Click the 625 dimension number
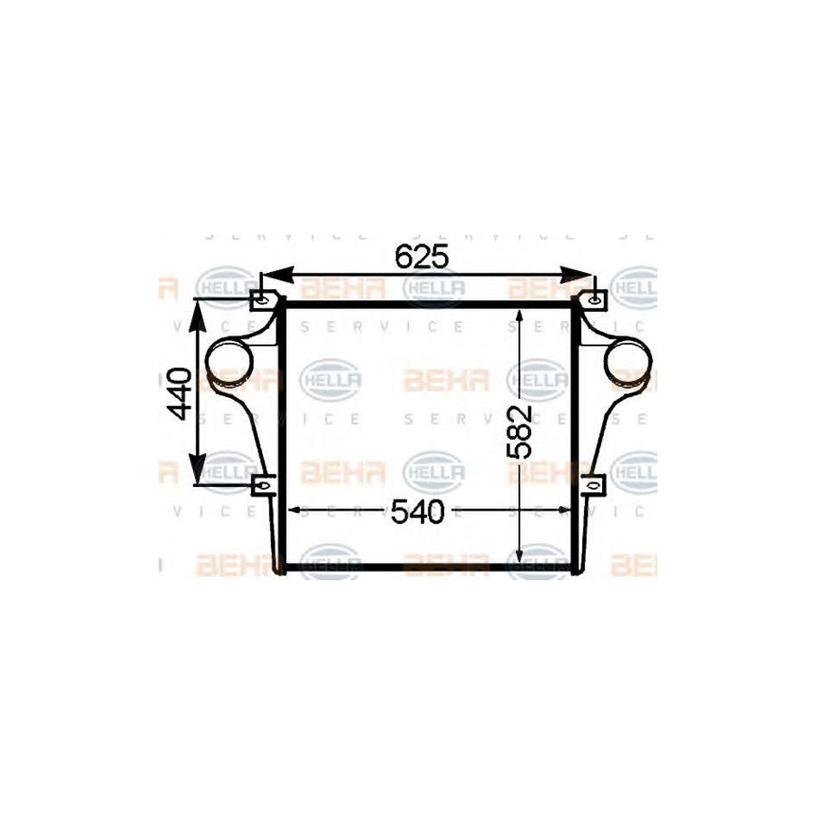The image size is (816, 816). pyautogui.click(x=423, y=257)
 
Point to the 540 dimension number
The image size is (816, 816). pyautogui.click(x=418, y=513)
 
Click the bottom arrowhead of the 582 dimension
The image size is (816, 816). pyautogui.click(x=519, y=556)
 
